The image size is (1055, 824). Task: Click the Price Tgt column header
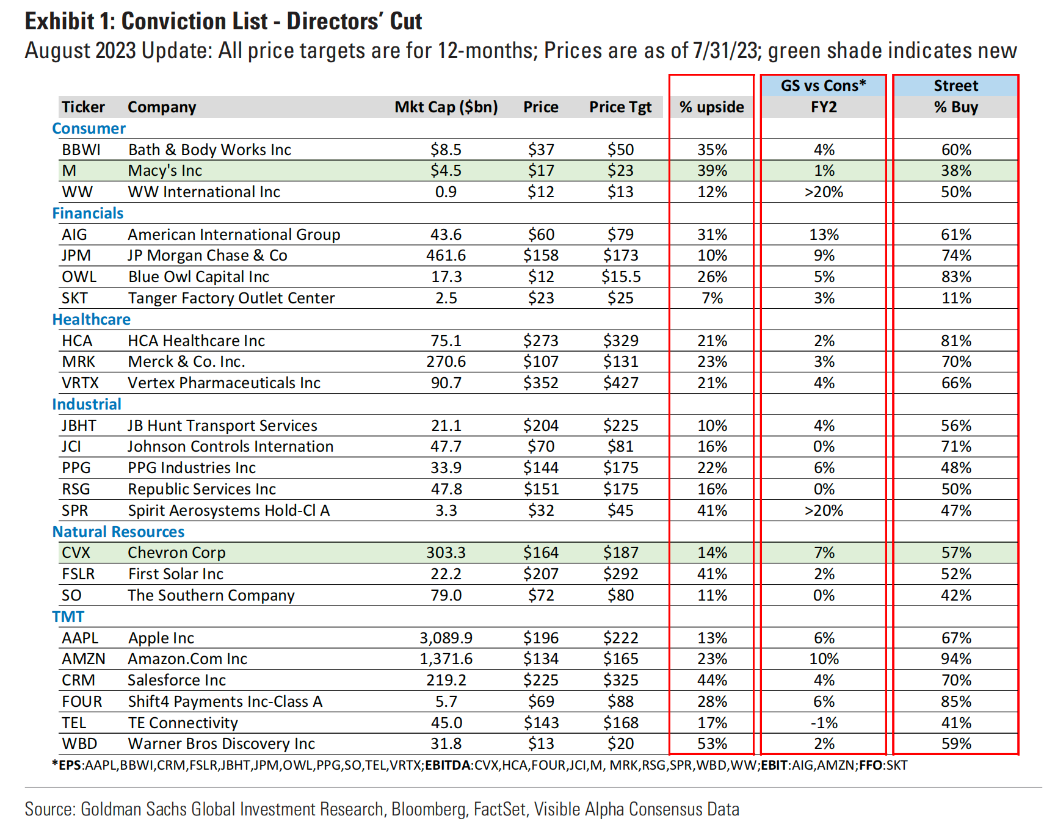click(x=620, y=107)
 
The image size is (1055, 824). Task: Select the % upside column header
click(x=712, y=107)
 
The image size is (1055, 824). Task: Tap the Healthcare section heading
click(x=92, y=319)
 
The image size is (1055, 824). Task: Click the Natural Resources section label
click(x=118, y=532)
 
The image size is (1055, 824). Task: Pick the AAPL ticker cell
click(x=80, y=638)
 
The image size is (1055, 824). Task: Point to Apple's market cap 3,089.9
click(x=446, y=638)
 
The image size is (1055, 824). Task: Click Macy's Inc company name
click(x=165, y=171)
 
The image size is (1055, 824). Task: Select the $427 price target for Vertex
click(x=621, y=383)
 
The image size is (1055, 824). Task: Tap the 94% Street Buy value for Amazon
click(x=956, y=659)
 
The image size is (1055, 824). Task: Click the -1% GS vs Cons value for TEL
click(x=824, y=723)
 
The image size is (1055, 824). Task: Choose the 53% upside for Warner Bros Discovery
click(x=712, y=743)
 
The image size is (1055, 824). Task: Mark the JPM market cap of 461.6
click(x=446, y=255)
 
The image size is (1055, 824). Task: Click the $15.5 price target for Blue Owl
click(x=621, y=276)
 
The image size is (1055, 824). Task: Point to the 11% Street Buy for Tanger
click(x=956, y=298)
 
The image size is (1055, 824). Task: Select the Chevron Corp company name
click(x=176, y=552)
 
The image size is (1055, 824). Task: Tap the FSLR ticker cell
click(x=78, y=574)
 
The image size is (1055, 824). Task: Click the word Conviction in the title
click(x=195, y=21)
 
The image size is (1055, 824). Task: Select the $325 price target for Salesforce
click(x=621, y=680)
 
